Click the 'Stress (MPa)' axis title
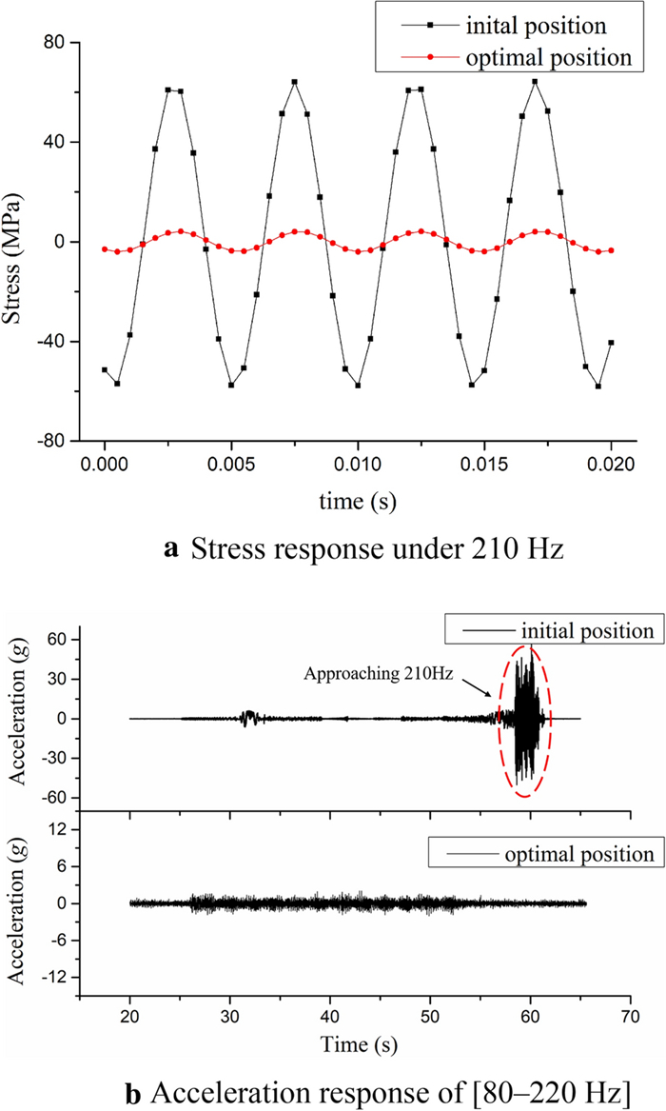tap(18, 242)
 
